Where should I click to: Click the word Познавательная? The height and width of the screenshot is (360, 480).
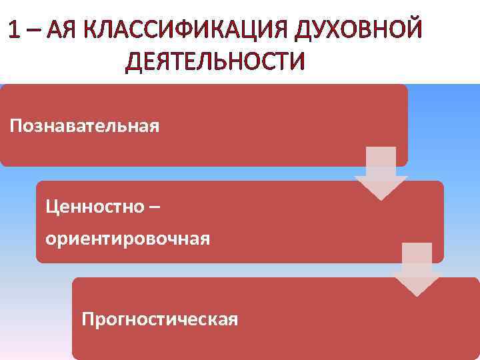(85, 125)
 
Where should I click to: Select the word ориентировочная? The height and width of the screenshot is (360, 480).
(128, 238)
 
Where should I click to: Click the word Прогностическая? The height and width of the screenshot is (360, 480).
(159, 319)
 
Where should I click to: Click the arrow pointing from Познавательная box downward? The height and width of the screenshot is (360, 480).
(381, 173)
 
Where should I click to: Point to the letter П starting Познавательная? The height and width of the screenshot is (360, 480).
(15, 125)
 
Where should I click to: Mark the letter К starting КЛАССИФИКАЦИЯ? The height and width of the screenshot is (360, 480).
(98, 31)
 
